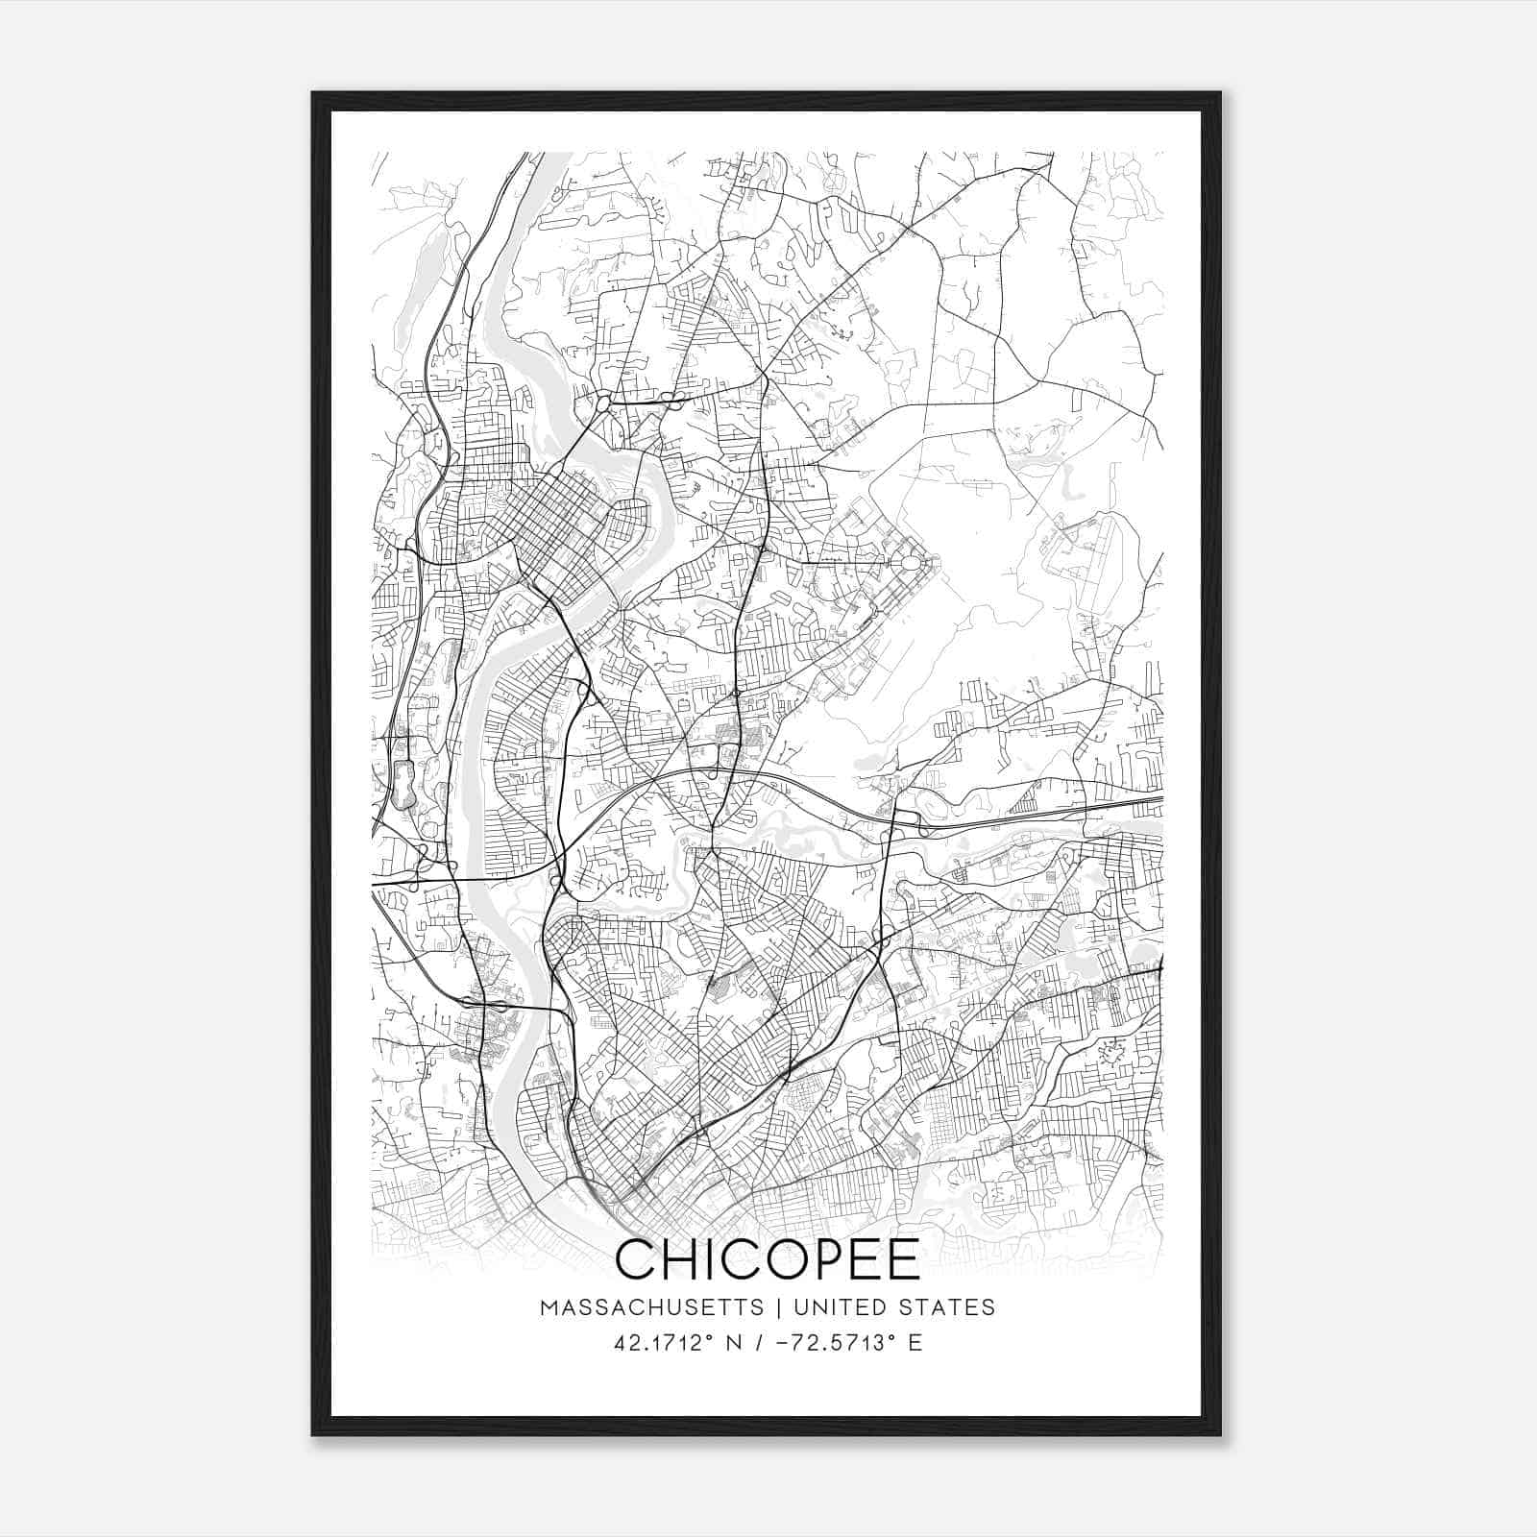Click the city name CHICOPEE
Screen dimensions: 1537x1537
(768, 1259)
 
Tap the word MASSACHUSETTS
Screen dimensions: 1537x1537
(651, 1307)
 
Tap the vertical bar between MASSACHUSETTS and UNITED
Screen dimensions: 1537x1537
(773, 1307)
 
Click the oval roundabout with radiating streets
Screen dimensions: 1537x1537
(909, 560)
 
